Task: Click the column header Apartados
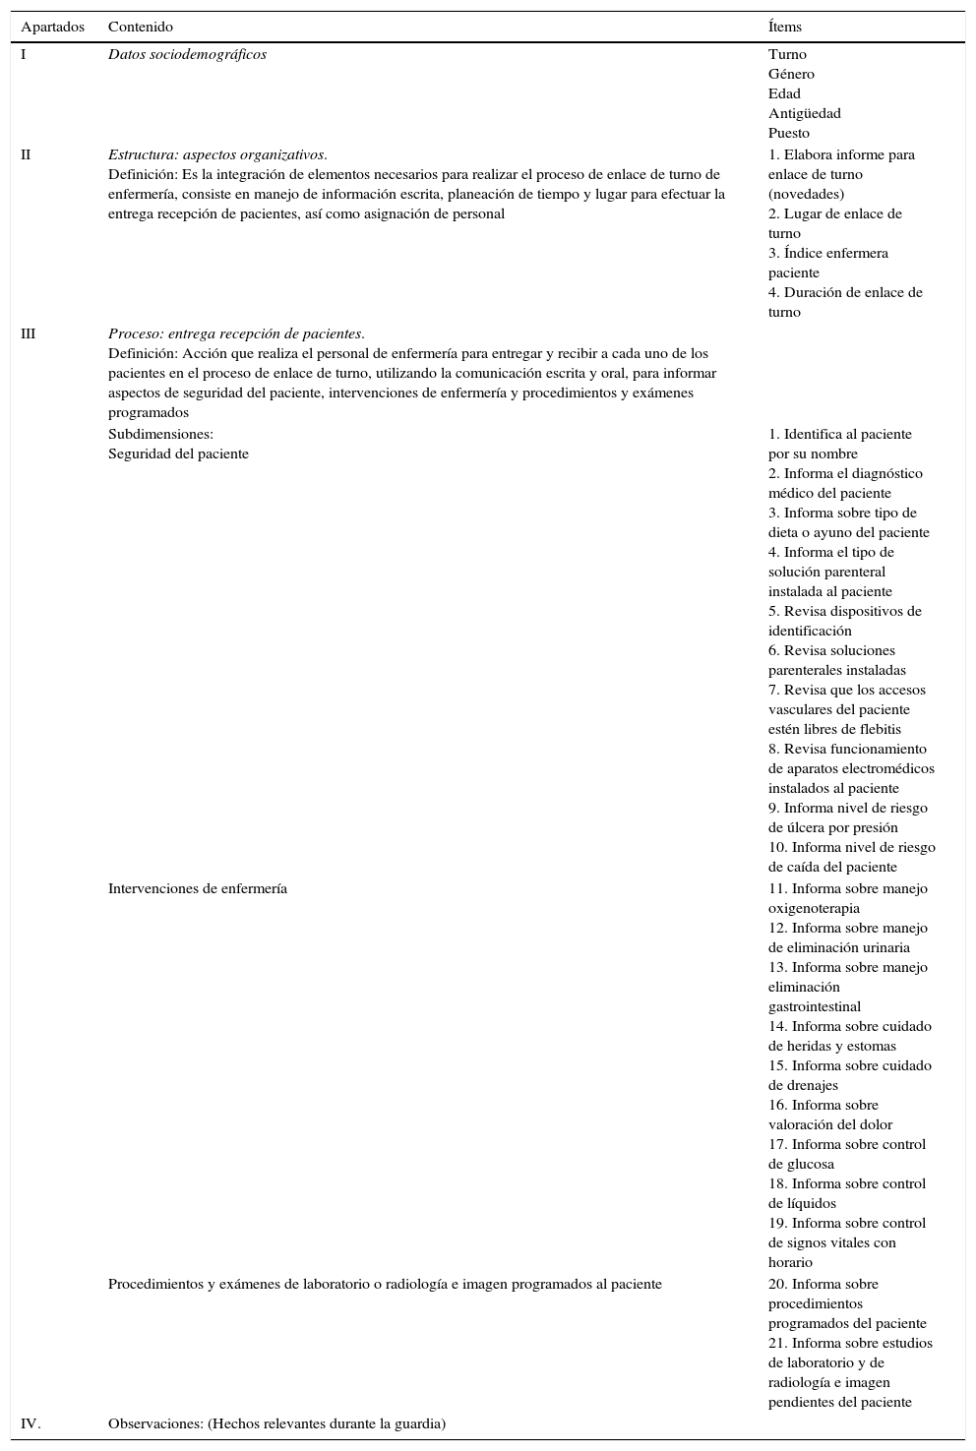53,27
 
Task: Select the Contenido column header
140,27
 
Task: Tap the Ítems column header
785,27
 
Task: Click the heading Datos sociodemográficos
187,54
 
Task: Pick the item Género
791,74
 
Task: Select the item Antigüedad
804,113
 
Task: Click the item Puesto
789,133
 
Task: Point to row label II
26,154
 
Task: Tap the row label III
28,333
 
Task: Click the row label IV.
30,1423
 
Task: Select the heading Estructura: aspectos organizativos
217,154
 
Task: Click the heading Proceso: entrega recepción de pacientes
236,333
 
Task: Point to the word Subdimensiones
160,434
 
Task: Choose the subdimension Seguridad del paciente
178,453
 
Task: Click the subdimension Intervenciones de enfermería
197,888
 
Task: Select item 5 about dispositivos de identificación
844,621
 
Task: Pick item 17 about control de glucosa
846,1154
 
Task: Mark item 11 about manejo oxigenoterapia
847,898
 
